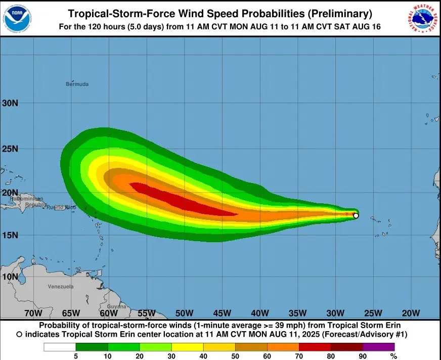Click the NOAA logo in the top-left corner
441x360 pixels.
click(17, 19)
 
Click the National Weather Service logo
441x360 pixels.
click(423, 19)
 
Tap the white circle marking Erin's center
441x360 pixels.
click(356, 216)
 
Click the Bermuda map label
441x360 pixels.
click(77, 84)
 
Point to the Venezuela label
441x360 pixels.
click(61, 287)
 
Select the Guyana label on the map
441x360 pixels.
click(116, 307)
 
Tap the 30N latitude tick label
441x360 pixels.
click(10, 103)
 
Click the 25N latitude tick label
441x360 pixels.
click(10, 149)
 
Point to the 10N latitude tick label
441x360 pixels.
click(10, 277)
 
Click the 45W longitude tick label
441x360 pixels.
click(222, 313)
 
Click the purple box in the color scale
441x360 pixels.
click(379, 347)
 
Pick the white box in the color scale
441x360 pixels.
click(60, 347)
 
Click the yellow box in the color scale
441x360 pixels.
click(187, 347)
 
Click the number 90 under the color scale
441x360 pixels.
click(363, 356)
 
